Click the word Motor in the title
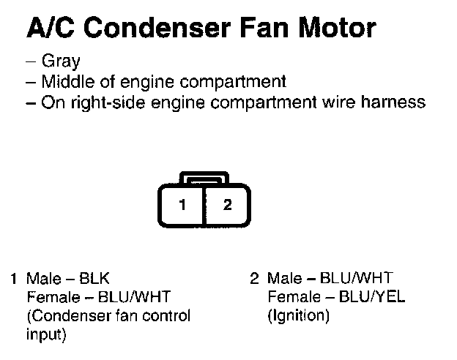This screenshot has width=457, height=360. [x=338, y=29]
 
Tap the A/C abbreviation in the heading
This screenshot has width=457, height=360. [x=49, y=29]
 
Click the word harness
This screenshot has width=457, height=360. [x=396, y=102]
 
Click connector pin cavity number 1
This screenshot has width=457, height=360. [x=182, y=204]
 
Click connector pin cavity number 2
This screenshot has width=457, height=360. [x=227, y=204]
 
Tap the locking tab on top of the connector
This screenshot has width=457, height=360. [x=204, y=178]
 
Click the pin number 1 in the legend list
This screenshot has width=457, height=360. [x=15, y=279]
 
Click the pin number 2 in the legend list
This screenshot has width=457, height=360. [x=255, y=279]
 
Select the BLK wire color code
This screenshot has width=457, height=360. [x=96, y=279]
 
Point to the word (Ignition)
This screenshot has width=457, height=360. [x=300, y=316]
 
